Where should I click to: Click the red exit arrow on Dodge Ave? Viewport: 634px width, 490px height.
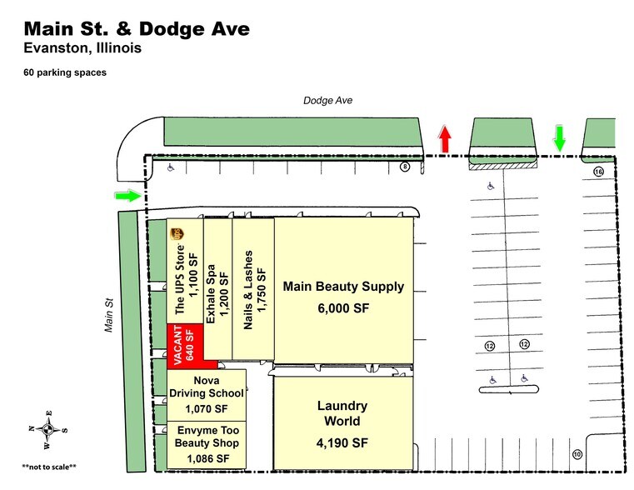click(x=445, y=139)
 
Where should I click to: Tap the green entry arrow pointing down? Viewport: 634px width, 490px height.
click(x=559, y=137)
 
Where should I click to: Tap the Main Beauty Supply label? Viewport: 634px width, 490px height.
click(x=343, y=287)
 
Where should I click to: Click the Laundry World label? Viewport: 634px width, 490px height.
click(x=342, y=413)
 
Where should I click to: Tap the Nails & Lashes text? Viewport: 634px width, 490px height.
click(x=247, y=290)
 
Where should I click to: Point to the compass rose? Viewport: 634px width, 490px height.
click(x=47, y=430)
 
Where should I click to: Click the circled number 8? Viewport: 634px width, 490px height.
click(x=405, y=167)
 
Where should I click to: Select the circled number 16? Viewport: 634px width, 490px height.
click(x=598, y=171)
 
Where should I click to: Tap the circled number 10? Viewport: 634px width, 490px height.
click(x=576, y=453)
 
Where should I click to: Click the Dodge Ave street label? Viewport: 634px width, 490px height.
click(x=327, y=100)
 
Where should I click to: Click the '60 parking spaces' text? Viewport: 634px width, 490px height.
click(x=64, y=72)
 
